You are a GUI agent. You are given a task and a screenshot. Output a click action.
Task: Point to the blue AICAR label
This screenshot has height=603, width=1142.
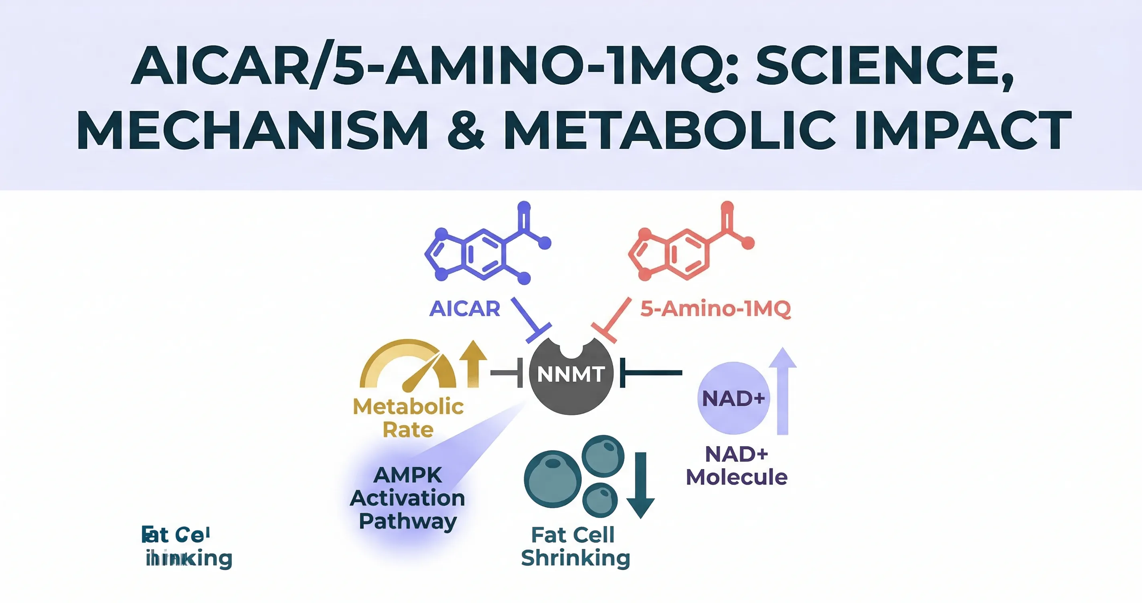(465, 309)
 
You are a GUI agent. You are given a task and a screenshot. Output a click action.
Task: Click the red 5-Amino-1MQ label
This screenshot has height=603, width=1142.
(715, 309)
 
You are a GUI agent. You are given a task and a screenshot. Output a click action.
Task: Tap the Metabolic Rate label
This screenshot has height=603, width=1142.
(408, 418)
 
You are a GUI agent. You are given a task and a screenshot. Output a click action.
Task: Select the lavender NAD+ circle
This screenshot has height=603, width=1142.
(733, 398)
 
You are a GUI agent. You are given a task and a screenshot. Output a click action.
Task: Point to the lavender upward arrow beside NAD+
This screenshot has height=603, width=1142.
(782, 390)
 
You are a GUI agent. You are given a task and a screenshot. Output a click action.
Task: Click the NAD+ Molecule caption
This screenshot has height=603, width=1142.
(736, 465)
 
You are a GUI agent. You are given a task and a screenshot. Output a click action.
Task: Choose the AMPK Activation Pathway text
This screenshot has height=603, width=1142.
(407, 498)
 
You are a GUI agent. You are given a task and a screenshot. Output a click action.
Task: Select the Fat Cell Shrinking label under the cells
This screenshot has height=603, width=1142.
(575, 546)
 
